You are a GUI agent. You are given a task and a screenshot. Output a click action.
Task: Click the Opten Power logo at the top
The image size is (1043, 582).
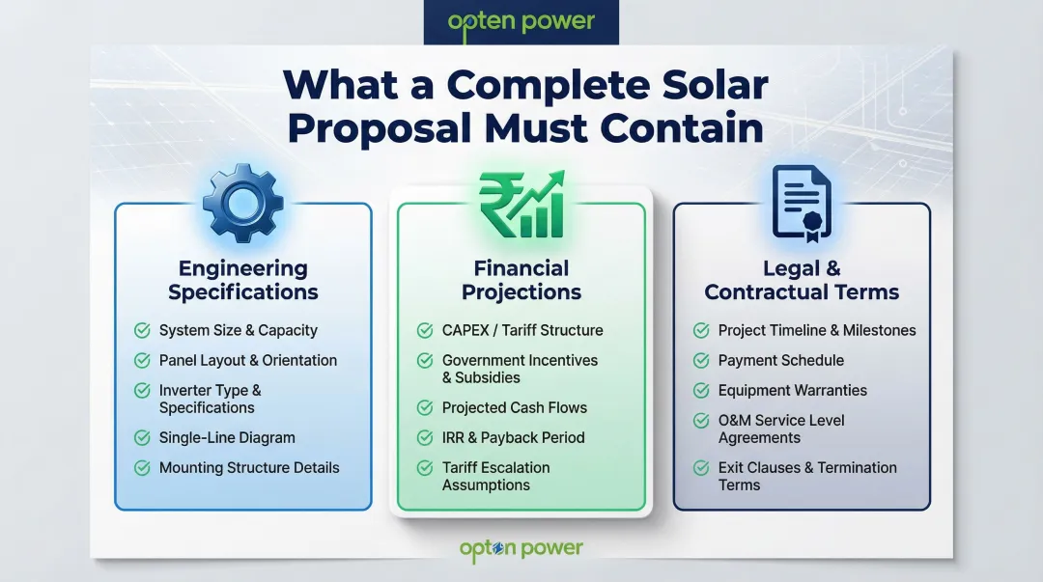tap(521, 21)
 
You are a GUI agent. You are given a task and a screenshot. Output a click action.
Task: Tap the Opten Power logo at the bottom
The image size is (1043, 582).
tap(521, 549)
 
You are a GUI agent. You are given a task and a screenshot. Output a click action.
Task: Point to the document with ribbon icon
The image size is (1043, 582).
tap(802, 203)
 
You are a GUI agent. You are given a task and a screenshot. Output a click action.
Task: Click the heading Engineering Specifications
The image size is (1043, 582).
tap(243, 280)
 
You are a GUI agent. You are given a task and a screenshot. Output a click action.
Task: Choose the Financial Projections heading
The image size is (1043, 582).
tap(521, 280)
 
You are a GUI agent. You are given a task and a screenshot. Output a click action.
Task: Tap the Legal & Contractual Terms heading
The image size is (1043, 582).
tap(802, 280)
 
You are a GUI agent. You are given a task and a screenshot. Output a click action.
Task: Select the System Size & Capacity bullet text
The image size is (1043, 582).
tap(239, 330)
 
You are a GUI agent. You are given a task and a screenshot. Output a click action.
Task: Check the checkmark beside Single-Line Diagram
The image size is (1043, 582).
tap(142, 438)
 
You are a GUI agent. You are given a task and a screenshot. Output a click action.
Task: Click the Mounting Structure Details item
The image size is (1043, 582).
tap(249, 468)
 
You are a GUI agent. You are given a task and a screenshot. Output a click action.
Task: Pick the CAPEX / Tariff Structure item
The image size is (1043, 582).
tap(522, 330)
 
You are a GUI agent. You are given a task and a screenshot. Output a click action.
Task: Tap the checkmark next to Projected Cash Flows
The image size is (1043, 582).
tap(425, 408)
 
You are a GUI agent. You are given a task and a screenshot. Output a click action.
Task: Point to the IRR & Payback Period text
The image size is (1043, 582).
tap(513, 438)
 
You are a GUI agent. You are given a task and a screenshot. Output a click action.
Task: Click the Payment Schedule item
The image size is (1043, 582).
tap(780, 360)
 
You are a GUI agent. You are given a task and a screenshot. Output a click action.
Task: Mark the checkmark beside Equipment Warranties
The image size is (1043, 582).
tap(702, 391)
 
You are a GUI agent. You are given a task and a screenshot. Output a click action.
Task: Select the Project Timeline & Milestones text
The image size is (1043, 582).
tap(817, 330)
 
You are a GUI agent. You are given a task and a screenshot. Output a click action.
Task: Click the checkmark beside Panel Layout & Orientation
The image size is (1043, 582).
tap(142, 361)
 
